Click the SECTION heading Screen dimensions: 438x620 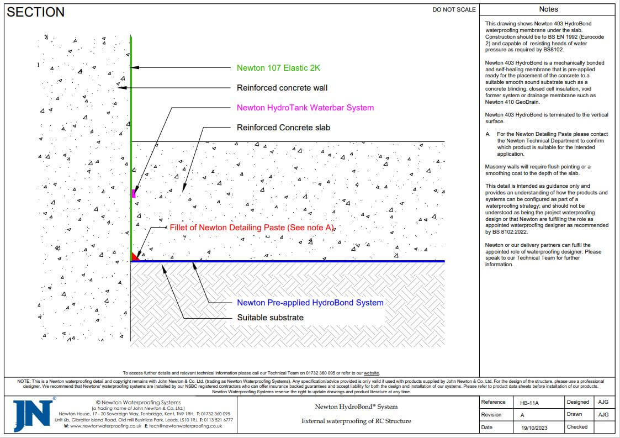click(x=36, y=12)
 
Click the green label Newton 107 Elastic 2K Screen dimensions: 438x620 click(x=278, y=68)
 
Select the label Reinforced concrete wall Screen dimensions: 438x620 click(x=282, y=88)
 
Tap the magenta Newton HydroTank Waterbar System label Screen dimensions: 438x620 click(x=305, y=108)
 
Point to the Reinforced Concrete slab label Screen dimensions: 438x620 click(x=283, y=128)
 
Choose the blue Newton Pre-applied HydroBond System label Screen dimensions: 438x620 click(x=310, y=303)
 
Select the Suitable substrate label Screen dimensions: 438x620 click(x=270, y=318)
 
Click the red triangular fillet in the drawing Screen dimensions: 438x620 click(x=134, y=257)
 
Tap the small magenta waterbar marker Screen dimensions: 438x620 click(x=134, y=193)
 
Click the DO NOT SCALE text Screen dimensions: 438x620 click(x=454, y=9)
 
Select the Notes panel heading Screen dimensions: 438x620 click(x=548, y=9)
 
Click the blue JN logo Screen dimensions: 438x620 click(x=33, y=414)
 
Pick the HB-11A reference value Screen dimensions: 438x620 click(x=528, y=403)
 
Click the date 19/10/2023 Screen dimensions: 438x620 click(x=531, y=428)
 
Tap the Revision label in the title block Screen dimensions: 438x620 click(x=491, y=415)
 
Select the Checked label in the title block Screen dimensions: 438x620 click(x=577, y=427)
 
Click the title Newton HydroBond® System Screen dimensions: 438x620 click(x=356, y=407)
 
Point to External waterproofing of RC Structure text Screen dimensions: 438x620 click(x=356, y=421)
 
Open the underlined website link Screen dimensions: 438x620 click(x=370, y=373)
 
